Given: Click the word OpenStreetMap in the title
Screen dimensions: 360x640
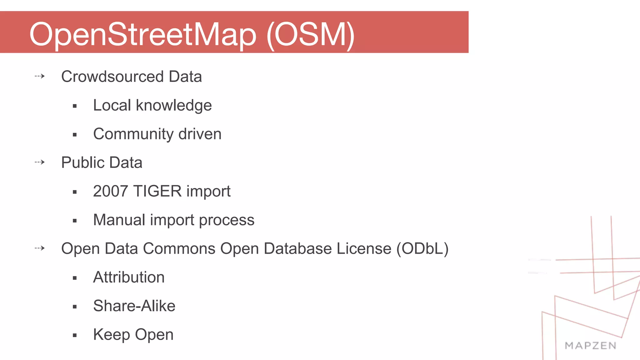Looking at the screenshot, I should pos(143,34).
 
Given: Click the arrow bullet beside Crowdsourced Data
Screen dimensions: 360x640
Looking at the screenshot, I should pos(40,76).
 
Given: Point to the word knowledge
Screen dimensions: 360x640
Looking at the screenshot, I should pos(174,105).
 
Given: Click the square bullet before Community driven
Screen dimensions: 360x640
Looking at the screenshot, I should pos(75,135).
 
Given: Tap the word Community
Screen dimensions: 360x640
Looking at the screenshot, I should pos(133,134).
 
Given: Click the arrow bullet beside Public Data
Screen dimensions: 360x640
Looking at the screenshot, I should pos(40,162).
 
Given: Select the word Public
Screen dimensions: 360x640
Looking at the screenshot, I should pos(82,162).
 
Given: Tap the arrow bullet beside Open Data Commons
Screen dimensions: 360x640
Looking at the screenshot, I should pos(40,248).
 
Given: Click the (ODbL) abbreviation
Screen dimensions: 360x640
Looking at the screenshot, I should pos(422,249).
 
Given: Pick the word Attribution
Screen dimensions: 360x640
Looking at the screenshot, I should pos(129,277).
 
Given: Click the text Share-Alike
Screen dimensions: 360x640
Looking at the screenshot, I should pos(134,306).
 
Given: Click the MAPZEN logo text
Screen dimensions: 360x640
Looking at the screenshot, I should pos(590,346).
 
